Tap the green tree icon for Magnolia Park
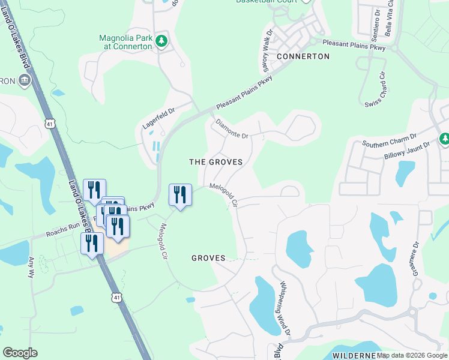tap(161, 41)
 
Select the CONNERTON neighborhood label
tap(303, 56)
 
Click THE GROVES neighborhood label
tap(215, 162)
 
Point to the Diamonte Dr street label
tap(232, 128)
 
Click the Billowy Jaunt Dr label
tap(407, 151)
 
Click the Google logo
tap(20, 353)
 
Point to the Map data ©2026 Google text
tap(411, 355)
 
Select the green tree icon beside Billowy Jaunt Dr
tap(445, 139)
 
